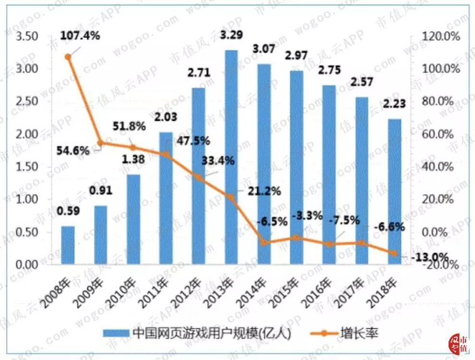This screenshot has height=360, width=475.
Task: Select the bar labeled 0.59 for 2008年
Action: click(x=68, y=245)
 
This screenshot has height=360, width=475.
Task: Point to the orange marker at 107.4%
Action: click(x=68, y=57)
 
